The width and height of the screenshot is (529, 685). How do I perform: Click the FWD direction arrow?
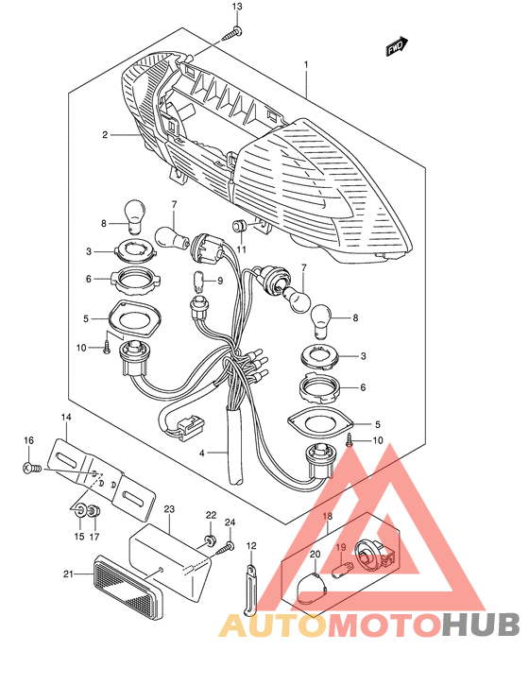point(397,46)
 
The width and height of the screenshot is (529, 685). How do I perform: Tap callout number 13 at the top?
point(237,7)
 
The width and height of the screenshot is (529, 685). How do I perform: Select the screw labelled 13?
point(232,33)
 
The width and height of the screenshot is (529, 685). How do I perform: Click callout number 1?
point(306,64)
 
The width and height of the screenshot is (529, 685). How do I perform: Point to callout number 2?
point(105,135)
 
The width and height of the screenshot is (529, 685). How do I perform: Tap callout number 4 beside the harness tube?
point(202,454)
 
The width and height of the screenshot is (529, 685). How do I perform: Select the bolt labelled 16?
point(31,469)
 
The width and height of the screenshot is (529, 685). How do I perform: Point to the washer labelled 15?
point(80,511)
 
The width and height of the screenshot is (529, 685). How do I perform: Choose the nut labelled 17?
point(94,511)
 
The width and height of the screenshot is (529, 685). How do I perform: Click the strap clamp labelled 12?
point(250,589)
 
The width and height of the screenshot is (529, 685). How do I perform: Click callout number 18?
point(327,516)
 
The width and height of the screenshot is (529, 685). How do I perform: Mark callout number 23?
point(169,509)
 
